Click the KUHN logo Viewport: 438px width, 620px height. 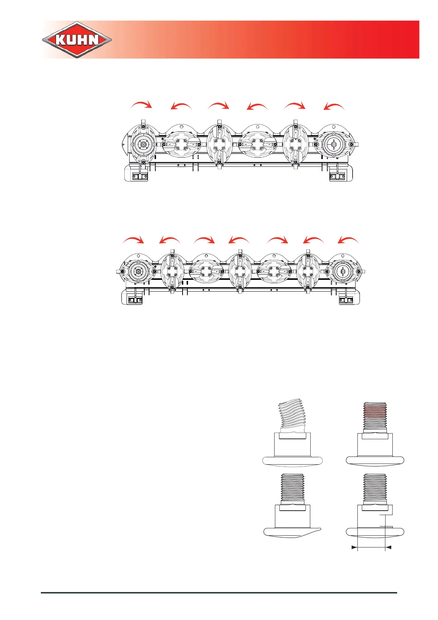tap(77, 40)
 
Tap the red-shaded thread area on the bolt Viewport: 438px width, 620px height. tap(375, 409)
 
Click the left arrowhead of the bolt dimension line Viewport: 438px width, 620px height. tap(354, 547)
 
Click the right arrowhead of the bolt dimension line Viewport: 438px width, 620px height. tap(388, 547)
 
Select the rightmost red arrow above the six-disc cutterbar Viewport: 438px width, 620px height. tap(334, 106)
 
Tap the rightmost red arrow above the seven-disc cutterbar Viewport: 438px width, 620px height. tap(348, 240)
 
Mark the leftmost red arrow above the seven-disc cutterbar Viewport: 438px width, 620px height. tap(133, 240)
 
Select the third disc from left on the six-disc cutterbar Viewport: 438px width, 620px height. tap(219, 144)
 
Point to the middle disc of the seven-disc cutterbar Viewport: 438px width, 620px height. tap(240, 272)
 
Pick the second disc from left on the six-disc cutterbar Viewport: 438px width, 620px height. tap(181, 144)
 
